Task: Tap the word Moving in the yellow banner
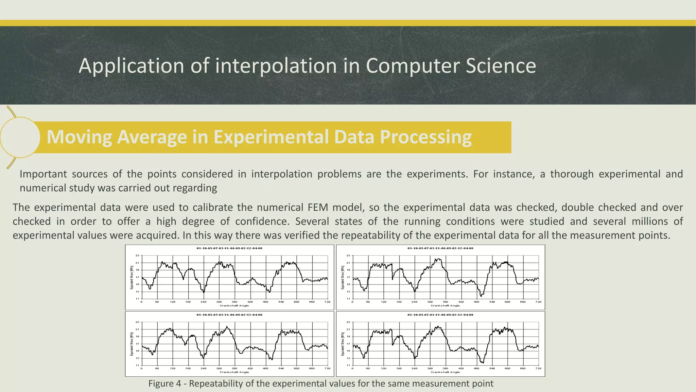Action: (x=79, y=137)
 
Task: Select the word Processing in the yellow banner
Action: (x=425, y=137)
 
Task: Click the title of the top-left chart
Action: (x=229, y=248)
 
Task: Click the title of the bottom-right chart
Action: (x=440, y=315)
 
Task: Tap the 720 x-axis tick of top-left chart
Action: (x=327, y=302)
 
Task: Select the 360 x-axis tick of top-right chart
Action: (x=445, y=302)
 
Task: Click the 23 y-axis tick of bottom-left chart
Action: (x=138, y=322)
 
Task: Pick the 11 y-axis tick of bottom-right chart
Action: (x=348, y=365)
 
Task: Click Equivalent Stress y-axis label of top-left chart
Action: (x=132, y=277)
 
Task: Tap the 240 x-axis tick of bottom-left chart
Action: (x=203, y=369)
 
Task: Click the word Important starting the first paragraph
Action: (x=43, y=174)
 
